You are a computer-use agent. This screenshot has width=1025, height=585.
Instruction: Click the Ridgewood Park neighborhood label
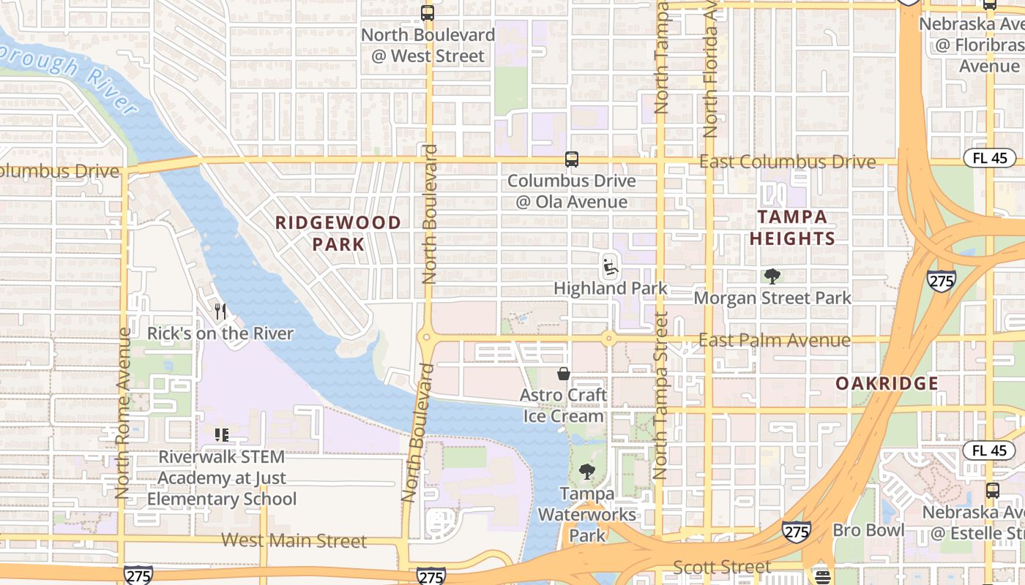pos(338,233)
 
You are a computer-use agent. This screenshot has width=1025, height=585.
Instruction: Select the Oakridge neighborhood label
pos(887,384)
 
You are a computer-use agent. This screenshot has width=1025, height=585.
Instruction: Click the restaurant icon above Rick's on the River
pos(220,312)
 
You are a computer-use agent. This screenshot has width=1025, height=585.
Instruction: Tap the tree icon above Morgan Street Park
pos(772,276)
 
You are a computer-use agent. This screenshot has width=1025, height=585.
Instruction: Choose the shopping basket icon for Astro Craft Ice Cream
pos(564,374)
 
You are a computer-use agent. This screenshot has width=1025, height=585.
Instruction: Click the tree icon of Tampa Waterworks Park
pos(586,472)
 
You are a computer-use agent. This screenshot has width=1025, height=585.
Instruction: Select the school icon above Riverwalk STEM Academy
pos(222,435)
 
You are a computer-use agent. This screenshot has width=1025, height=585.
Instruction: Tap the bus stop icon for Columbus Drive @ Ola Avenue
pos(572,159)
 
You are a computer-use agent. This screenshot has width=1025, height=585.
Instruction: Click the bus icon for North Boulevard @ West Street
pos(428,13)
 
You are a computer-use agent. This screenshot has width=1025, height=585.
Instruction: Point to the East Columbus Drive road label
pos(787,162)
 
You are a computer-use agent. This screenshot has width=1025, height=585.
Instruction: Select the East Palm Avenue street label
pos(774,340)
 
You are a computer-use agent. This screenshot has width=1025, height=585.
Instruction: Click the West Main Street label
pos(294,541)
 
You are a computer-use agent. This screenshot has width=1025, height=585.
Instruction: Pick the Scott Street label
pos(721,567)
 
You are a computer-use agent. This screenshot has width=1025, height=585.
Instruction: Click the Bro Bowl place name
pos(868,530)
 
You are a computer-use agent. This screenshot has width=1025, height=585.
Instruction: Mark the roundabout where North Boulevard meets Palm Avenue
pos(426,338)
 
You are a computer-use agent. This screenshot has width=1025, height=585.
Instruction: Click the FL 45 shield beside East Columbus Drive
pos(989,157)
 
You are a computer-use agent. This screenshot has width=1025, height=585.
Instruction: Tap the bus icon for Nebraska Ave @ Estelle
pos(992,491)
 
